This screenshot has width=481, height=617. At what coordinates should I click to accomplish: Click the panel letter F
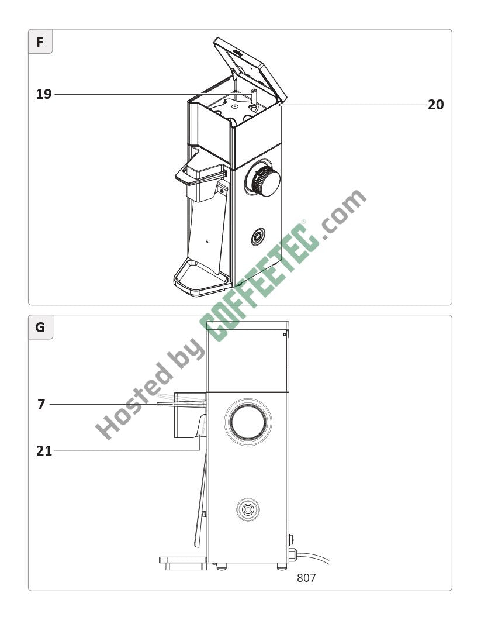[x=40, y=42]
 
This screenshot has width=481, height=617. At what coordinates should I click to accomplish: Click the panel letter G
[x=40, y=328]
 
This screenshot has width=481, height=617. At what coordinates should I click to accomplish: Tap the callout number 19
[x=44, y=94]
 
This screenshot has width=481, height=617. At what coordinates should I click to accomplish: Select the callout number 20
[x=435, y=105]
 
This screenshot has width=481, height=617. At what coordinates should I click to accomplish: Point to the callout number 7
[x=41, y=404]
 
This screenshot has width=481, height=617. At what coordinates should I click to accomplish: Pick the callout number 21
[x=44, y=451]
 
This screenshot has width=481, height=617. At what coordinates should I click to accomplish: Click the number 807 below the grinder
[x=306, y=578]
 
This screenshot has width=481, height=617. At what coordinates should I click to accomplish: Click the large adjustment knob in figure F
[x=265, y=181]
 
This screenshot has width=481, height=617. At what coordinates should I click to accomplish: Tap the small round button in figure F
[x=258, y=236]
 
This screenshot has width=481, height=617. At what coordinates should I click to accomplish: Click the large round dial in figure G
[x=248, y=422]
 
